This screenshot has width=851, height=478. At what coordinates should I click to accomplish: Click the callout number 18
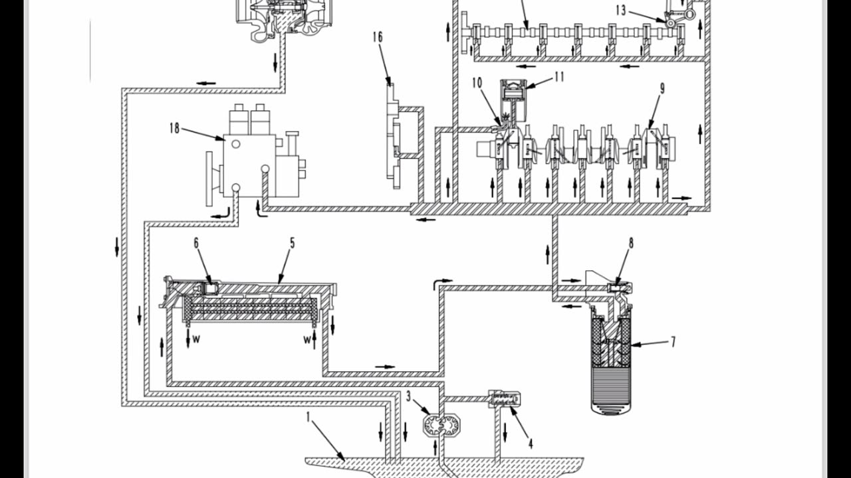174,128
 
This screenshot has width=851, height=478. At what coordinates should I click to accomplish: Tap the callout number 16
378,37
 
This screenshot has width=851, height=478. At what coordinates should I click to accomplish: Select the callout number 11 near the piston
559,77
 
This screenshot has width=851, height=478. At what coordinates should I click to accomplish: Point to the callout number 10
477,83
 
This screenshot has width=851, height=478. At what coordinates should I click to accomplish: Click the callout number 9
663,89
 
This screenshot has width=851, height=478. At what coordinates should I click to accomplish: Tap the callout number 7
673,342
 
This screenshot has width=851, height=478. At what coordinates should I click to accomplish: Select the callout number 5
292,243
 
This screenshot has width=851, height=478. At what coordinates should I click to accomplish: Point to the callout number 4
531,443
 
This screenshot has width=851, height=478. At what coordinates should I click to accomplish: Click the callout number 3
408,396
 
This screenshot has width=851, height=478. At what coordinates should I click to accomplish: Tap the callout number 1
308,417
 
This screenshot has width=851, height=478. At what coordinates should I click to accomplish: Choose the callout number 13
621,11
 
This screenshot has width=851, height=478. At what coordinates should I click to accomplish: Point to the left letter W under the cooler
196,339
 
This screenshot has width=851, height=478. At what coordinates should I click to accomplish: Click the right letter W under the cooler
307,340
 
